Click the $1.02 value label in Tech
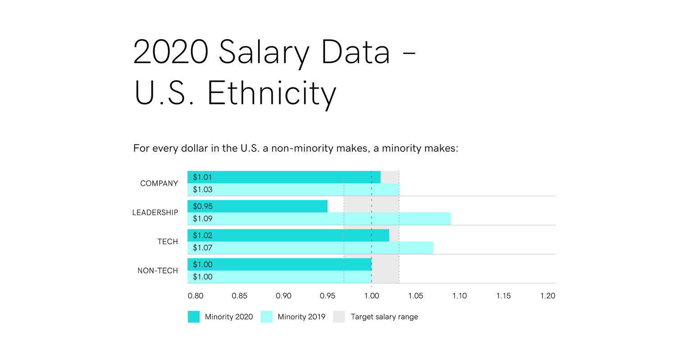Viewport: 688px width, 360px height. click(202, 235)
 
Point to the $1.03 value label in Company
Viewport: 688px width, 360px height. click(202, 190)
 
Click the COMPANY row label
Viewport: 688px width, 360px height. click(159, 183)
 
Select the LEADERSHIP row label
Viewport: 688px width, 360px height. click(155, 213)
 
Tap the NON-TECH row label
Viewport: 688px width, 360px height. click(158, 271)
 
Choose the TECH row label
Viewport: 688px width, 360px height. click(168, 242)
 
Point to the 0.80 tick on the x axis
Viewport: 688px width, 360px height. click(196, 296)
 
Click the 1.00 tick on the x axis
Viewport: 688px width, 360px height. click(371, 296)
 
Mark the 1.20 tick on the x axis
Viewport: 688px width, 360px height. click(547, 296)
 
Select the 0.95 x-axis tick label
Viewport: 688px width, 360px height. click(328, 296)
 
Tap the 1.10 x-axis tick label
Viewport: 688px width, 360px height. click(460, 296)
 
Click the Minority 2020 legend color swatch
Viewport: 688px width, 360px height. click(194, 317)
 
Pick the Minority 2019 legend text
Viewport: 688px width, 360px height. click(301, 317)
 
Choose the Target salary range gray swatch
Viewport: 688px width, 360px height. click(339, 317)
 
